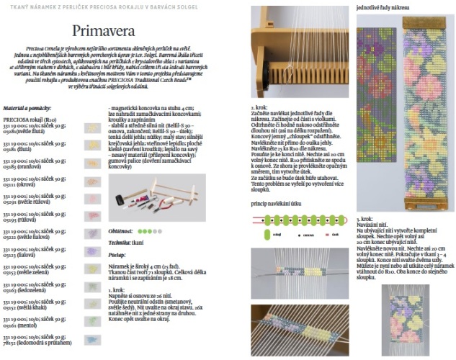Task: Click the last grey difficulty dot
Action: point(154,231)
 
